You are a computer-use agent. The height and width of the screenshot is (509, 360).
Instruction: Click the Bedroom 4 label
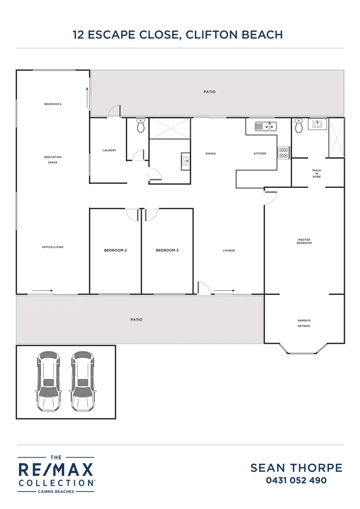click(53, 104)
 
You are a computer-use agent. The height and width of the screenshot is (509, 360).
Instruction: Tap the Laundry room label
click(109, 150)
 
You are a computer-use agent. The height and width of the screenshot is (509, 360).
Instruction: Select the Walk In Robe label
click(317, 173)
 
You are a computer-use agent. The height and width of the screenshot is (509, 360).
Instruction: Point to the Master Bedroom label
click(304, 241)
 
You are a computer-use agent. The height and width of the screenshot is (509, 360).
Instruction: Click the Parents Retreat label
click(304, 323)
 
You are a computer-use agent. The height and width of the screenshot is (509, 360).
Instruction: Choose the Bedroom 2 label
click(115, 250)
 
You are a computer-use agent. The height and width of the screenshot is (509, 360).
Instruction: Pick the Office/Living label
click(53, 247)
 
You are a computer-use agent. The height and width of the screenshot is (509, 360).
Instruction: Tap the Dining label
click(211, 153)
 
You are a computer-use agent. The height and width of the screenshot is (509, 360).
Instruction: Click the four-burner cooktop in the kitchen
click(284, 153)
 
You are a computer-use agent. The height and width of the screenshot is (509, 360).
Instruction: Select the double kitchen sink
click(266, 126)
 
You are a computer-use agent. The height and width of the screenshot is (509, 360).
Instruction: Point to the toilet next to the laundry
click(140, 126)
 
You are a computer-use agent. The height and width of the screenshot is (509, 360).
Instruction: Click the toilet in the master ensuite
click(299, 126)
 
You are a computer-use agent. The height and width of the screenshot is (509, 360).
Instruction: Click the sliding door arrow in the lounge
click(224, 290)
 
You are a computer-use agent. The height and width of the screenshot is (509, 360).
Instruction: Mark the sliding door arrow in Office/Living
click(43, 290)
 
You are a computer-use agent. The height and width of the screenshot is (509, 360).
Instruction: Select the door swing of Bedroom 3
click(151, 215)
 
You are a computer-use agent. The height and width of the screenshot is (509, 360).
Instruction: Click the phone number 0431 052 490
click(296, 480)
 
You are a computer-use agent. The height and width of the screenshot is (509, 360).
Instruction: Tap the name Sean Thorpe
click(296, 468)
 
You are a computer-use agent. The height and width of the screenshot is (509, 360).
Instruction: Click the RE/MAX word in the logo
click(56, 470)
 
